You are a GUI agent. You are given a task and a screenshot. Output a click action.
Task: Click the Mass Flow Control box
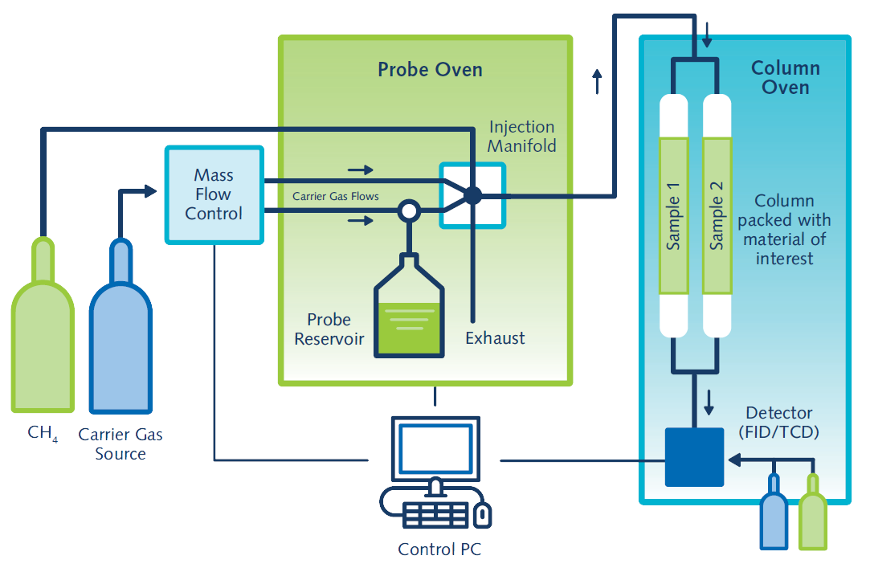point(214,194)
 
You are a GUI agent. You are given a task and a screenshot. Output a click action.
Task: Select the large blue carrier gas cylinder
point(120,326)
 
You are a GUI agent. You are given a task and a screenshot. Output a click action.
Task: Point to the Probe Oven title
point(430,70)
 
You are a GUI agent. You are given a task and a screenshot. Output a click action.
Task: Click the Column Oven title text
point(785,78)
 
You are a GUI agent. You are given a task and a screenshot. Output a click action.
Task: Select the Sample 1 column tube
point(673,215)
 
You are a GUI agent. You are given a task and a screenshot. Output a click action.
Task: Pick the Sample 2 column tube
point(717,215)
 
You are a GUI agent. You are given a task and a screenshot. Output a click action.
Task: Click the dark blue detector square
point(694,457)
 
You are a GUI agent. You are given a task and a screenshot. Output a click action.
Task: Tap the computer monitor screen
point(435,448)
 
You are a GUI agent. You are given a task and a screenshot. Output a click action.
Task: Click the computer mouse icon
point(482,516)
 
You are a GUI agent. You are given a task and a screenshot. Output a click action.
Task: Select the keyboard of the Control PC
point(435,515)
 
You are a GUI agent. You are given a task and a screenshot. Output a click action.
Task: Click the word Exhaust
point(495,338)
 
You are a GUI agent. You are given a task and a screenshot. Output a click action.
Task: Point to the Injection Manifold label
point(521,137)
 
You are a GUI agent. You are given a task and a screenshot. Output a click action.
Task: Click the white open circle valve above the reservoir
point(409,210)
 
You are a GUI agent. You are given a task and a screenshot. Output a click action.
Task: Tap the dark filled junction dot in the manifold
point(472,195)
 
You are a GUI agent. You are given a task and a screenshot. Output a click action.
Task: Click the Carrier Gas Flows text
point(336,196)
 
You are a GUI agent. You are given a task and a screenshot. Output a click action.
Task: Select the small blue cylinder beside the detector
point(774,513)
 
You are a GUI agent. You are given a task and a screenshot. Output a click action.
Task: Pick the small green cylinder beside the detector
point(813,513)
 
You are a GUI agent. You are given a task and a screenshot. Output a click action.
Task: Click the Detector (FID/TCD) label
point(779,423)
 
